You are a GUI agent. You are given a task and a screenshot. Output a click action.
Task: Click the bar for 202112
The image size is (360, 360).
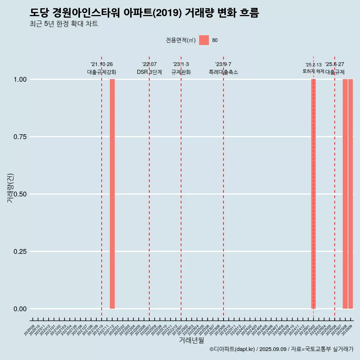click(x=112, y=194)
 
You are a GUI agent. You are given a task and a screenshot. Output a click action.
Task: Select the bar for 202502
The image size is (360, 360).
click(x=313, y=194)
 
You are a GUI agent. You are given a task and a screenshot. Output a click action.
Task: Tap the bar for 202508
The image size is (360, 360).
click(x=345, y=194)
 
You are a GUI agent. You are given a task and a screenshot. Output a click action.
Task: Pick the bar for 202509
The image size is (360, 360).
click(x=351, y=194)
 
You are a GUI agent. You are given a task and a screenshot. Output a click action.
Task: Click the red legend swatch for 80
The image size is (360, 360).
click(x=204, y=40)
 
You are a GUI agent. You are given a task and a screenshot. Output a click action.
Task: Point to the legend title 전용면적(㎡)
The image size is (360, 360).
click(x=181, y=40)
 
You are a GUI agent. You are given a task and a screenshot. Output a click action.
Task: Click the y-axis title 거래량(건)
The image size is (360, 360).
click(x=10, y=188)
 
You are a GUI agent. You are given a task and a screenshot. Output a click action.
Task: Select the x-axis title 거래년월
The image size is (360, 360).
click(x=192, y=340)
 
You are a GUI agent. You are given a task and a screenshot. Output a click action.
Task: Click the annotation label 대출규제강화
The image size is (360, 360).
click(x=102, y=72)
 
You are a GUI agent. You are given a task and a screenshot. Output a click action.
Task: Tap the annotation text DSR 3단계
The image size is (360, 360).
click(x=149, y=72)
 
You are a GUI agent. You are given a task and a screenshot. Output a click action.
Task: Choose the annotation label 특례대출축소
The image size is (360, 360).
click(x=223, y=72)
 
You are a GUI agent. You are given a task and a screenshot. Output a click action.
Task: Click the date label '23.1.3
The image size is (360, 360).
click(x=181, y=64)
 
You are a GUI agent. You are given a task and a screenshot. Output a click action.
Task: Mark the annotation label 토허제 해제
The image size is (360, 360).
click(x=313, y=71)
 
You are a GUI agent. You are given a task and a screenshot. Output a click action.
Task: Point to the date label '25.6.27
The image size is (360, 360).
click(x=334, y=64)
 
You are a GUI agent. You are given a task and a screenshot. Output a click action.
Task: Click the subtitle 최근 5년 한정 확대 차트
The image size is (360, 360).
click(x=64, y=24)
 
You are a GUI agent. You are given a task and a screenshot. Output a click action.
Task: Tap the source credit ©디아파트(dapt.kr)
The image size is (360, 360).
click(x=232, y=349)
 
